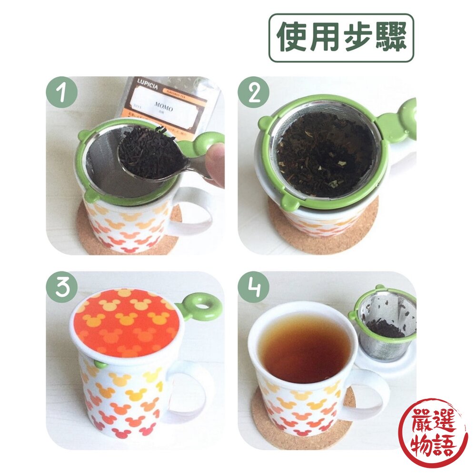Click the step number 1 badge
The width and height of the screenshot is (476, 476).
[x=61, y=92]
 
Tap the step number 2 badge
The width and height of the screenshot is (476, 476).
[x=253, y=92]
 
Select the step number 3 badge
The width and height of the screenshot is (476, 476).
[x=61, y=287]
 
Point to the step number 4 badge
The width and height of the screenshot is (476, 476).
[x=253, y=287]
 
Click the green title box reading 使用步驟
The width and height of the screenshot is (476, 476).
[x=341, y=38]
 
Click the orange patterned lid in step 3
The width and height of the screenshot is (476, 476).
[x=124, y=322]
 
